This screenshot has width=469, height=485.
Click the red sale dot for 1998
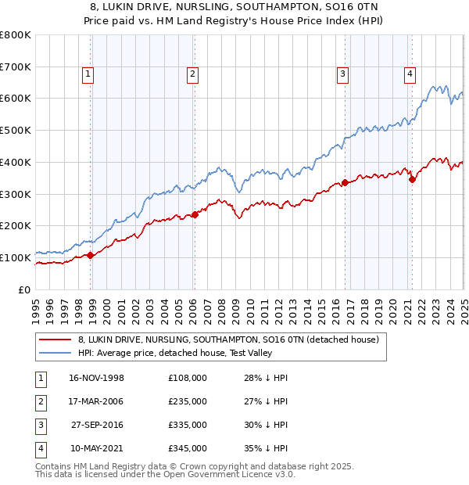90,255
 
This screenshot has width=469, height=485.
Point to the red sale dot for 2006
195,215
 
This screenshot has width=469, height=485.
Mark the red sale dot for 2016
345,183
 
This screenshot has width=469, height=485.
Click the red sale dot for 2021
411,180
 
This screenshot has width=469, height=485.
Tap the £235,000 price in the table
188,401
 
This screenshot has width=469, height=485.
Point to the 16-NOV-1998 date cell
97,378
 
